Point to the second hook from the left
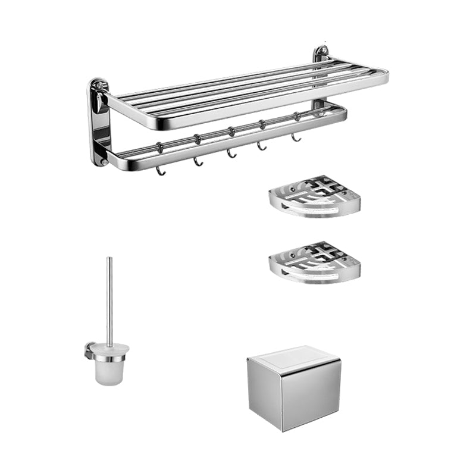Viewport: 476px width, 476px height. click(x=196, y=162)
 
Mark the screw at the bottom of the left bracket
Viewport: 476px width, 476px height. click(x=103, y=161)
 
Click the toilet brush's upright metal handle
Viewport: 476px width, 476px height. click(x=109, y=297)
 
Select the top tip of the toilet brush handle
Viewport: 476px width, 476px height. click(x=109, y=259)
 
